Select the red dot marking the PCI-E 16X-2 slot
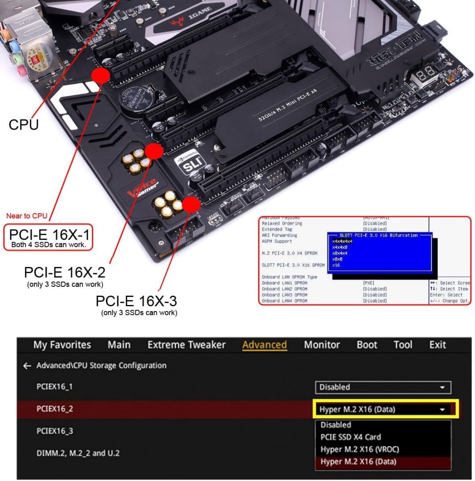[155, 151]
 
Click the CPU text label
[23, 124]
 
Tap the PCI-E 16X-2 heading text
[65, 272]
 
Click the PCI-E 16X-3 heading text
[136, 301]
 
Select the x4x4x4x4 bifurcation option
[342, 241]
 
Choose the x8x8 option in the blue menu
[337, 259]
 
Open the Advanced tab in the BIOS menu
[264, 345]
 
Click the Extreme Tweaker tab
[186, 345]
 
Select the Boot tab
[367, 345]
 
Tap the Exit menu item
[437, 345]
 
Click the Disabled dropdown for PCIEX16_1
[383, 387]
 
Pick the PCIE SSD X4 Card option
[351, 437]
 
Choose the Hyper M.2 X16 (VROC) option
[359, 449]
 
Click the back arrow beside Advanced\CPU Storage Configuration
[27, 366]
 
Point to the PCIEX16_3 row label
[55, 431]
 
